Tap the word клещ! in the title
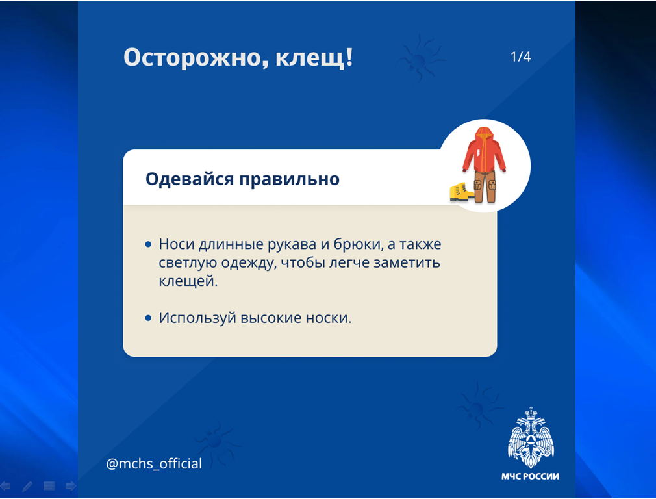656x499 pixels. point(314,57)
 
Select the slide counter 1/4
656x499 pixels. point(520,57)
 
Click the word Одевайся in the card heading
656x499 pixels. point(190,179)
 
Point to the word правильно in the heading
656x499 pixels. point(289,180)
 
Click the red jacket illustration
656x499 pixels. point(484,149)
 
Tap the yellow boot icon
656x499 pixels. point(460,192)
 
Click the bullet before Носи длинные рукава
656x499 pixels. point(148,244)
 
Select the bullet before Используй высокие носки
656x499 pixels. point(148,318)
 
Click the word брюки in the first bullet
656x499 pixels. point(358,244)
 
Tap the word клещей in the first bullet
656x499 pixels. point(188,281)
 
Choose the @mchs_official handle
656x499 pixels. point(154,464)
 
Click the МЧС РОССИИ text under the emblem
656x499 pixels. point(530,476)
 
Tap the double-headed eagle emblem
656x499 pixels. point(531,437)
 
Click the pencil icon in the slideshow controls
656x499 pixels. point(27,486)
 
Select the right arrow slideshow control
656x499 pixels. point(71,486)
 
